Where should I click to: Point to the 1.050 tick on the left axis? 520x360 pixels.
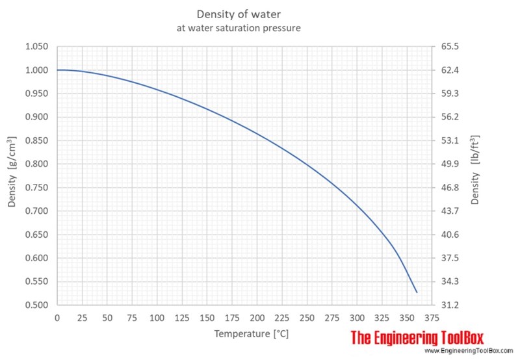[x=37, y=47]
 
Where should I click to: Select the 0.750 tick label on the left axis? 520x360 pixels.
[x=37, y=188]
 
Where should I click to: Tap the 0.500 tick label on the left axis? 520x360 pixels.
[x=37, y=305]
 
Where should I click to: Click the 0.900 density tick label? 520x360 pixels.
[x=37, y=117]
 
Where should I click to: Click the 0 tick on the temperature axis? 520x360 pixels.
[x=57, y=317]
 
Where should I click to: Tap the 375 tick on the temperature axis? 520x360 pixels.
[x=432, y=317]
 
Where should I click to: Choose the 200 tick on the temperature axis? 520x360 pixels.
[x=257, y=317]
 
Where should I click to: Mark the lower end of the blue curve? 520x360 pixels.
[x=417, y=292]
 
